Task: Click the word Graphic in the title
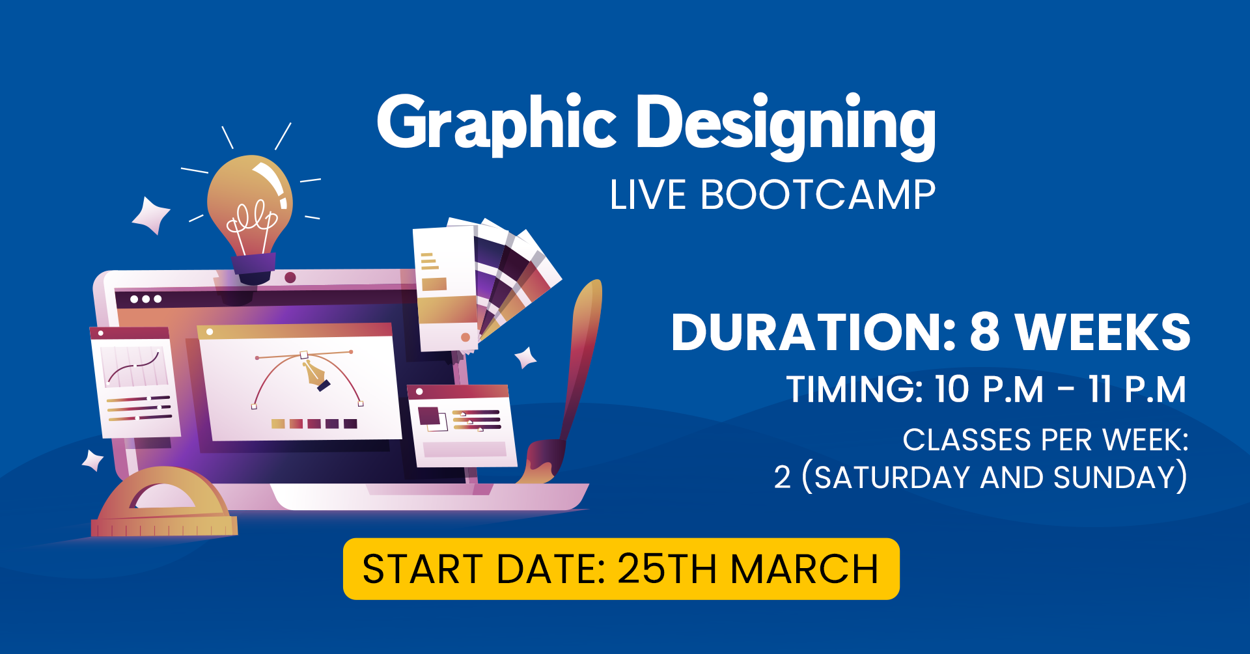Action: click(497, 124)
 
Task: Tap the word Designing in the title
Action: click(786, 125)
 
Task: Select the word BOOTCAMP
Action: click(818, 195)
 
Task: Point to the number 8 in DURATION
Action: click(984, 332)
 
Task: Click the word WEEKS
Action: click(1104, 332)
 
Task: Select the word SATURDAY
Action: click(893, 478)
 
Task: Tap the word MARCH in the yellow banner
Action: click(805, 569)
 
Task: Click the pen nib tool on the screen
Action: click(316, 375)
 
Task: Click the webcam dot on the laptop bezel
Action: click(290, 277)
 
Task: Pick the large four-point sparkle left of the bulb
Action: click(151, 215)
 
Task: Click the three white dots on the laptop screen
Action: click(146, 299)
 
